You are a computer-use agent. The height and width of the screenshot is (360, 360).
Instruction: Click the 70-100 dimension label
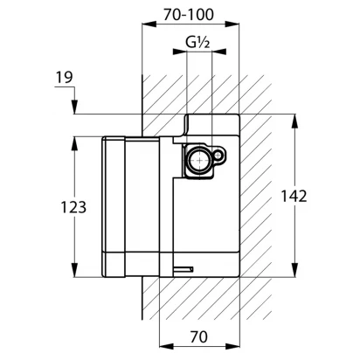click(189, 15)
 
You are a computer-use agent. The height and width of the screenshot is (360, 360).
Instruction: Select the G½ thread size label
click(197, 43)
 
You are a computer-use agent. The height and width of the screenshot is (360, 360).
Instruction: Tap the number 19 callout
click(65, 78)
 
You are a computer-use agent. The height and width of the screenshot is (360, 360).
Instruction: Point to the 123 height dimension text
click(73, 207)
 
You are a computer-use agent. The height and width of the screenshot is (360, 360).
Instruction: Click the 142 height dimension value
click(294, 196)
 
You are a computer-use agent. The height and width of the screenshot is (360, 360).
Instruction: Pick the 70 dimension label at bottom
click(199, 336)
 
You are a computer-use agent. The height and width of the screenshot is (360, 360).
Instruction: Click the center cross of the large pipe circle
click(199, 160)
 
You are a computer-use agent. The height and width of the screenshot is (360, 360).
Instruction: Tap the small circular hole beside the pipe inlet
click(218, 156)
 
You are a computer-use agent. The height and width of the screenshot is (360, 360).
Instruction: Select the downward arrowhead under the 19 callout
click(75, 107)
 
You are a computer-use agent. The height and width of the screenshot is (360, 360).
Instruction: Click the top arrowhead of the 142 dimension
click(295, 121)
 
